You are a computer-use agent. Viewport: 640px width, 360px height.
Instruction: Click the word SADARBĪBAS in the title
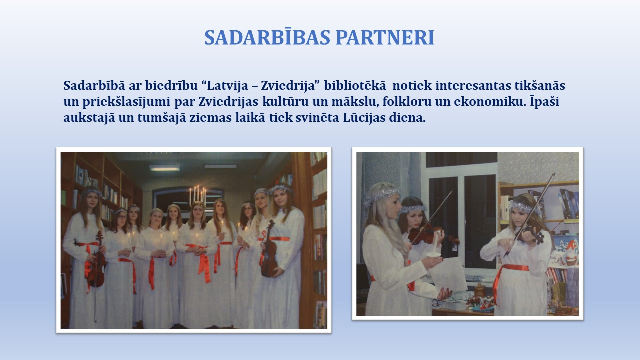[267, 37]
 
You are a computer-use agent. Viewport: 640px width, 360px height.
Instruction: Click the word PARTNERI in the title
[385, 37]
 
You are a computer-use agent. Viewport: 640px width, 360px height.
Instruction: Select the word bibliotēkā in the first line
[355, 85]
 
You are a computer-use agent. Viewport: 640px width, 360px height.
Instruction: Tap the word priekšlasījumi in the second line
[126, 102]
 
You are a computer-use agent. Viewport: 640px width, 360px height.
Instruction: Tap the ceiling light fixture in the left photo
[164, 168]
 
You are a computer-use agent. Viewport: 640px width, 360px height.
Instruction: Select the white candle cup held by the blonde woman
[433, 255]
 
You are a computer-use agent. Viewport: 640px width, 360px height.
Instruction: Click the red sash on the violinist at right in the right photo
[510, 280]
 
